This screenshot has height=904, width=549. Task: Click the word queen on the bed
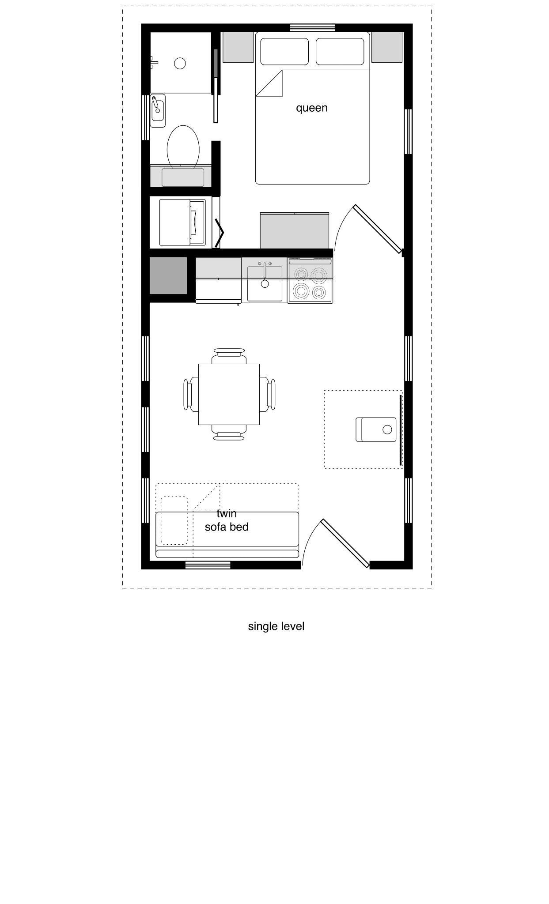312,108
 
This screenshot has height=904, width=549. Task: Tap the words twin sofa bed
227,520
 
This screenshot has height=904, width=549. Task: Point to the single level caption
276,626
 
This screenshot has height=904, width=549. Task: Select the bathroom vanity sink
158,110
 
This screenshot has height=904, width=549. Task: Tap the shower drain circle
180,64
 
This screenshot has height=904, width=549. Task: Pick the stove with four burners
310,280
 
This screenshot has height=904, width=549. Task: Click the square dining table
229,394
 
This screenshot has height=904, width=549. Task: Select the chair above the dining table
229,356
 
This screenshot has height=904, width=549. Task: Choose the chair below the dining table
229,433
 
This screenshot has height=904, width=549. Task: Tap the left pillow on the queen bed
284,52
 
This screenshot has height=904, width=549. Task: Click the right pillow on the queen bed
340,52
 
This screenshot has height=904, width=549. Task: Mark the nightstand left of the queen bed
238,47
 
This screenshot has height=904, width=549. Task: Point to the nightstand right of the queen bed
387,47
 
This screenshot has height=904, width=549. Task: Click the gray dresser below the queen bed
295,230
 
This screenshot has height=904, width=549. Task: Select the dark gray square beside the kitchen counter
168,275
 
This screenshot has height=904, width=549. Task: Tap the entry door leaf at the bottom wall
345,543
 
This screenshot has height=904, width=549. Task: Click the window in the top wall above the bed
312,28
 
